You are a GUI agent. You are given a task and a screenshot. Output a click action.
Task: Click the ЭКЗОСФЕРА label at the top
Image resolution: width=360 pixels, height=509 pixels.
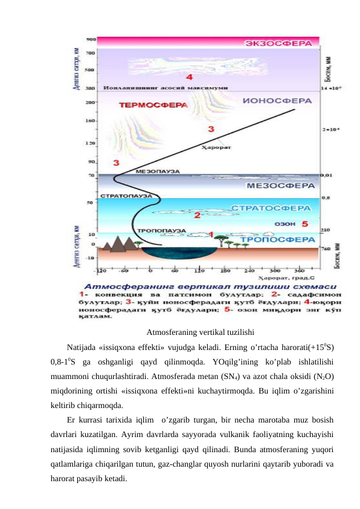281,44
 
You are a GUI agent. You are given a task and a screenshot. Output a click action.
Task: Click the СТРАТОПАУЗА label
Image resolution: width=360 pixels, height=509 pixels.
126,196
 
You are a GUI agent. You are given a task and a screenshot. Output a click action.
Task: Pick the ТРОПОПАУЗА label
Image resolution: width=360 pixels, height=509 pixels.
157,230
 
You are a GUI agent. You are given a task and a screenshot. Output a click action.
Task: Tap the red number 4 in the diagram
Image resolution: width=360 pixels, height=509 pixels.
190,77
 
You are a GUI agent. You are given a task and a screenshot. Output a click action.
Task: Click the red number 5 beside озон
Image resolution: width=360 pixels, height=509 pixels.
304,224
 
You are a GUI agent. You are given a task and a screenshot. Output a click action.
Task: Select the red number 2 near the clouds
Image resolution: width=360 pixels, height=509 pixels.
196,215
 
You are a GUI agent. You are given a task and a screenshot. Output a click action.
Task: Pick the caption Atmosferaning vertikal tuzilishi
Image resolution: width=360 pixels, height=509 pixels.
200,332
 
